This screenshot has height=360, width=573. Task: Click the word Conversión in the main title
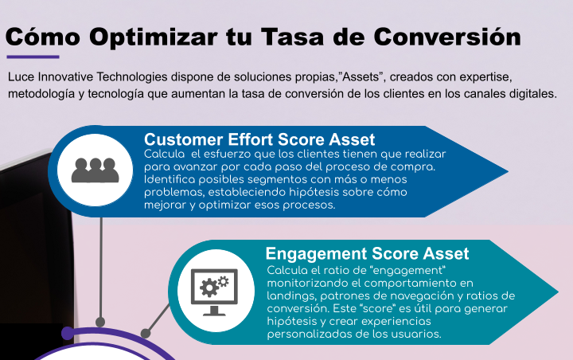click(447, 37)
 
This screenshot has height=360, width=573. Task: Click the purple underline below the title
click(33, 57)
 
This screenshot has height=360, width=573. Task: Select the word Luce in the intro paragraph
click(21, 76)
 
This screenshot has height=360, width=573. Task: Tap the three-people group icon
click(95, 170)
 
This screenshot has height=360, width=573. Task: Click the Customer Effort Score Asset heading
click(259, 139)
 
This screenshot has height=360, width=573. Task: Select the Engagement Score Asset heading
click(367, 253)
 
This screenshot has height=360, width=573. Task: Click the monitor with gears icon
click(214, 292)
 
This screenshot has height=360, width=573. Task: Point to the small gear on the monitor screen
click(223, 281)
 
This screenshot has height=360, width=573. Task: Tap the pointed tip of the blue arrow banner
click(508, 171)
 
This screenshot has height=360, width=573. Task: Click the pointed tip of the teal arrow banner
click(558, 292)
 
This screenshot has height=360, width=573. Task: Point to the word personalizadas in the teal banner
click(311, 334)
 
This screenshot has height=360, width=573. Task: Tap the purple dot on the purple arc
click(68, 333)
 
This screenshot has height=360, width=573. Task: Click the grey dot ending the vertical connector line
click(100, 322)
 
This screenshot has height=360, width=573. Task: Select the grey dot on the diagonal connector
click(146, 333)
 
